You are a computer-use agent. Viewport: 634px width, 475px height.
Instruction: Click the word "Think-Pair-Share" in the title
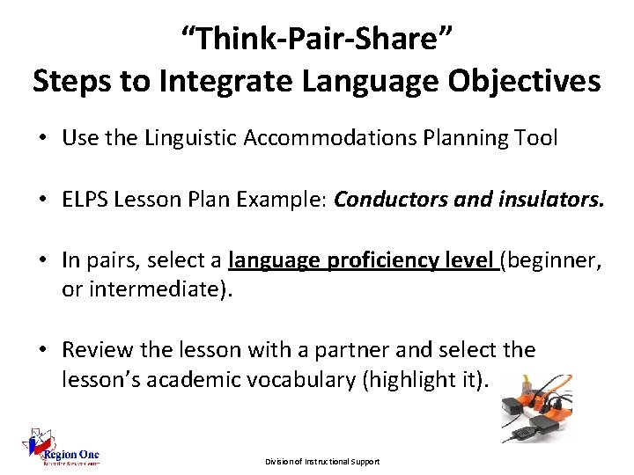pos(316,39)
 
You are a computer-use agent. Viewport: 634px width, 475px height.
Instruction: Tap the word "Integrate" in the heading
pos(235,81)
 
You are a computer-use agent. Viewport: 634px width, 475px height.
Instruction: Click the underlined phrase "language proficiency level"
pos(361,259)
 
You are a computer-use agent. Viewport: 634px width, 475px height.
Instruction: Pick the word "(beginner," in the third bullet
pos(550,259)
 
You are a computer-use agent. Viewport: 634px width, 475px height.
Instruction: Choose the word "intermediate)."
pos(145,288)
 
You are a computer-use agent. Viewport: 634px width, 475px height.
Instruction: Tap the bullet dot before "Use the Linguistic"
pos(43,139)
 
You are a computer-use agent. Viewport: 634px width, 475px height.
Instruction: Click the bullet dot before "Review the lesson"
pos(43,350)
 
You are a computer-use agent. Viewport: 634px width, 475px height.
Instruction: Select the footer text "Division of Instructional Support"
pos(322,462)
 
